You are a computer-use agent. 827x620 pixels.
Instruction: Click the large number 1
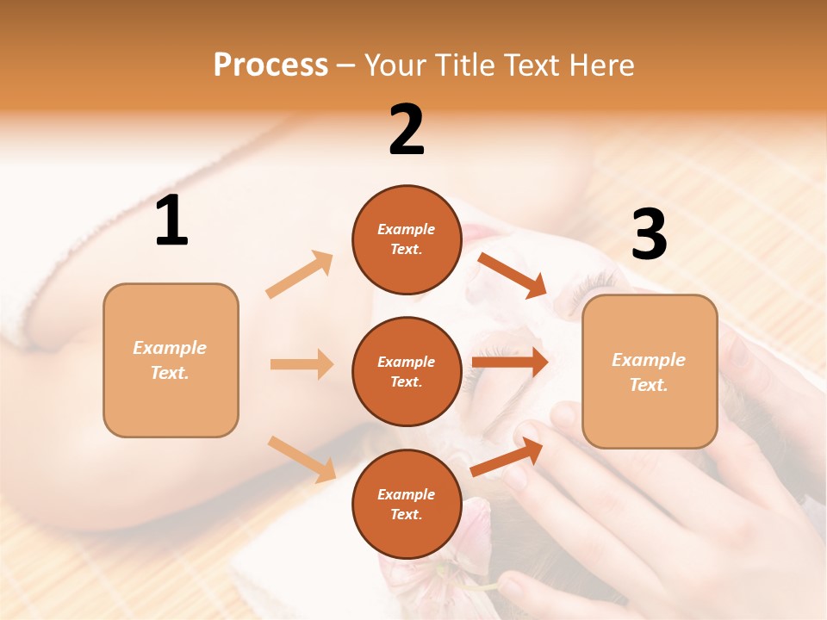(x=171, y=221)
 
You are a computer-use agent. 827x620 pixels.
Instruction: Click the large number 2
(x=407, y=130)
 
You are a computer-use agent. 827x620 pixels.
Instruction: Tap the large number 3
(x=649, y=234)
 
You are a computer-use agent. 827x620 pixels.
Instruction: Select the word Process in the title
(x=270, y=65)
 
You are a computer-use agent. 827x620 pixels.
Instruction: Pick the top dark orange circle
(x=407, y=239)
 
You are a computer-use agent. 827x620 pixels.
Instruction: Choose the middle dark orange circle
(x=407, y=372)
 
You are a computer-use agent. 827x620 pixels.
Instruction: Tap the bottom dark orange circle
(x=407, y=505)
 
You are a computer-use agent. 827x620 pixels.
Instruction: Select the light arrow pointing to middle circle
(x=302, y=364)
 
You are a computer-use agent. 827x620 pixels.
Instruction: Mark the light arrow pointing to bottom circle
(x=302, y=458)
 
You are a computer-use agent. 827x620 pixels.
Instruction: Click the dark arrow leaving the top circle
(x=512, y=275)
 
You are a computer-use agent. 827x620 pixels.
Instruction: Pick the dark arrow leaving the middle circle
(x=510, y=362)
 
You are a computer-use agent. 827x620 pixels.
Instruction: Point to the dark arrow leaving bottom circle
(x=507, y=456)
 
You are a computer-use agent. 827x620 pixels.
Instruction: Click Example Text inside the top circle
(x=407, y=239)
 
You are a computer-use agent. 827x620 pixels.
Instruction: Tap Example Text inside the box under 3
(x=649, y=372)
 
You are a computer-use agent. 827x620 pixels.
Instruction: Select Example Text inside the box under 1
(x=170, y=360)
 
